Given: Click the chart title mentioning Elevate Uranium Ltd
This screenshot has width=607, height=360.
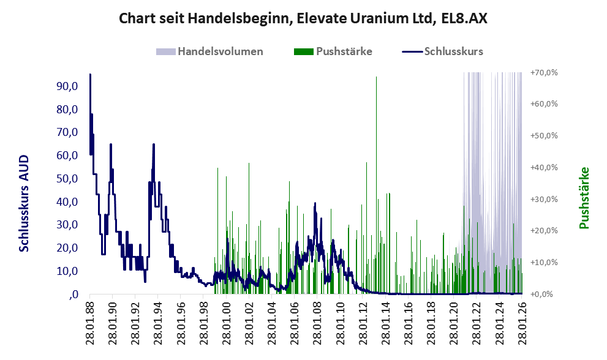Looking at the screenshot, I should point(303,18).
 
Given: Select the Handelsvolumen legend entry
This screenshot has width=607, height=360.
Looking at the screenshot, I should point(220,51).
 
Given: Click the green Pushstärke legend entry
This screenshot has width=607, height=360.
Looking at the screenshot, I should point(344,51).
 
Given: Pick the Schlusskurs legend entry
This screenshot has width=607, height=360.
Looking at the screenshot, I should point(454,51).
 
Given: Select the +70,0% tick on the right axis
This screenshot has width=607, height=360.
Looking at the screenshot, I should point(543,72).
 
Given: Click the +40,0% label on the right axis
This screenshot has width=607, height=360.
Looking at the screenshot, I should point(543,167).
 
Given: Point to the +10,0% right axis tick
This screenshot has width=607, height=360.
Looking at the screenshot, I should point(543,262).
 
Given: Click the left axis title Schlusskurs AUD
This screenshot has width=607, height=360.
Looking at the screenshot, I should point(25,203).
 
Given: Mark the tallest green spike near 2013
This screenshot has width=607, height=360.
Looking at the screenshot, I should point(376,78).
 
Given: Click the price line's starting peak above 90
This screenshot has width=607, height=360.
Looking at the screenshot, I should point(90,75).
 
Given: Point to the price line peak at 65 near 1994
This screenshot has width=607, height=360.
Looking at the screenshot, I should point(154,145).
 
